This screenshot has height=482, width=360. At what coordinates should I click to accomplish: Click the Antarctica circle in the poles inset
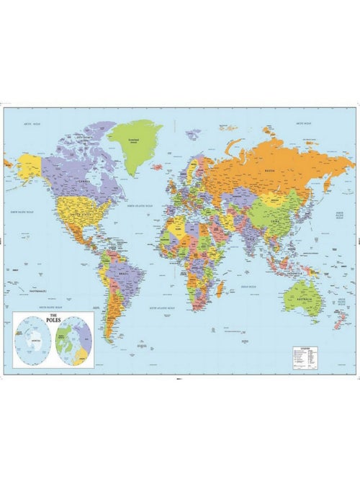pos(34,342)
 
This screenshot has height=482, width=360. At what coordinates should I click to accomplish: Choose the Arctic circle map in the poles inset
pos(73,342)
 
